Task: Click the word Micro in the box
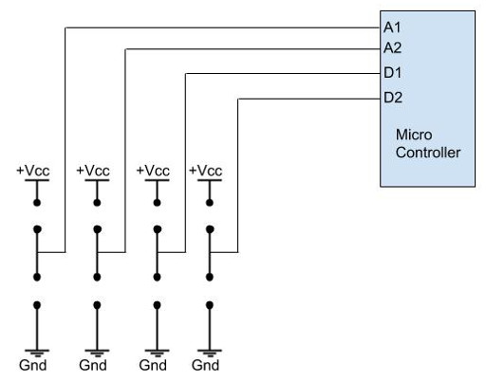[413, 136]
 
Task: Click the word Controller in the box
[428, 153]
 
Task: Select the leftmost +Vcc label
[35, 171]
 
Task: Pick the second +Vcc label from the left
[94, 171]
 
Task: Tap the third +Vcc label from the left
[154, 171]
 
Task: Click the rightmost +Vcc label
[206, 171]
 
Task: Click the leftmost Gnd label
[34, 365]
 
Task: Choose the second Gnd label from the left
[93, 365]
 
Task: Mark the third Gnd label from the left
[153, 365]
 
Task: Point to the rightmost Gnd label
[205, 365]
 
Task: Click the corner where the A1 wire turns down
[65, 28]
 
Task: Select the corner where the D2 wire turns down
[236, 97]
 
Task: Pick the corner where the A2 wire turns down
[125, 48]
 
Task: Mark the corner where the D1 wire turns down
[184, 73]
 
